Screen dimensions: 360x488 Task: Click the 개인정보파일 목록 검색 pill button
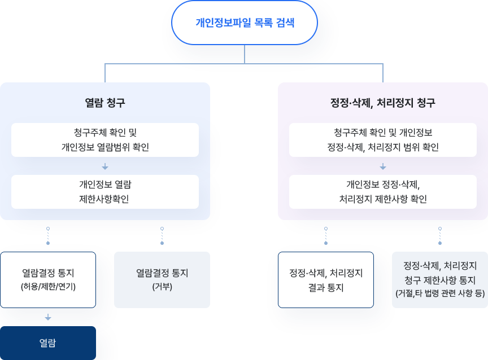(245, 23)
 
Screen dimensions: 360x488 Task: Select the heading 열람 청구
(105, 103)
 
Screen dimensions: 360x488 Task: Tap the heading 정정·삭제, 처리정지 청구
(382, 103)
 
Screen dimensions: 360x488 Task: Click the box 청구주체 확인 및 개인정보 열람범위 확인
(105, 140)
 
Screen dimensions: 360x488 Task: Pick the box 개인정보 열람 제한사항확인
(105, 192)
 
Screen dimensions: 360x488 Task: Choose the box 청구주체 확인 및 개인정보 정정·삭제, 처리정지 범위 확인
(382, 140)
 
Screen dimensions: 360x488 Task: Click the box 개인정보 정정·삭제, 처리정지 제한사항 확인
(382, 192)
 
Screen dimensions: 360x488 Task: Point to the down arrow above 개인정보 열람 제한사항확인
(105, 166)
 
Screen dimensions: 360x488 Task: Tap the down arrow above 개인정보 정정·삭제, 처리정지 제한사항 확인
(382, 166)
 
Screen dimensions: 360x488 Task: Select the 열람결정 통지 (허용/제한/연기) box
(48, 279)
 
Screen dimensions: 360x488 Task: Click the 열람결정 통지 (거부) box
(162, 279)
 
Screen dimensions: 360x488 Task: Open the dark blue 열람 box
(48, 343)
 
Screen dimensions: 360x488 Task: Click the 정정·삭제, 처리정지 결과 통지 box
(326, 279)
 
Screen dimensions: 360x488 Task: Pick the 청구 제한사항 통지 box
(440, 279)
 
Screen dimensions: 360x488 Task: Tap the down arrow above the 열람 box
(48, 317)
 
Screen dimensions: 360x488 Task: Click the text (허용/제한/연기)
(48, 286)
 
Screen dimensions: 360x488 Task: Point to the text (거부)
(162, 286)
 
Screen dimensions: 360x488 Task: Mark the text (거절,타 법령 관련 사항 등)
(440, 293)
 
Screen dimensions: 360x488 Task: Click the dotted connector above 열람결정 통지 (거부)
(162, 236)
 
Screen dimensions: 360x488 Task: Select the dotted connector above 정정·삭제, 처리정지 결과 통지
(326, 236)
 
